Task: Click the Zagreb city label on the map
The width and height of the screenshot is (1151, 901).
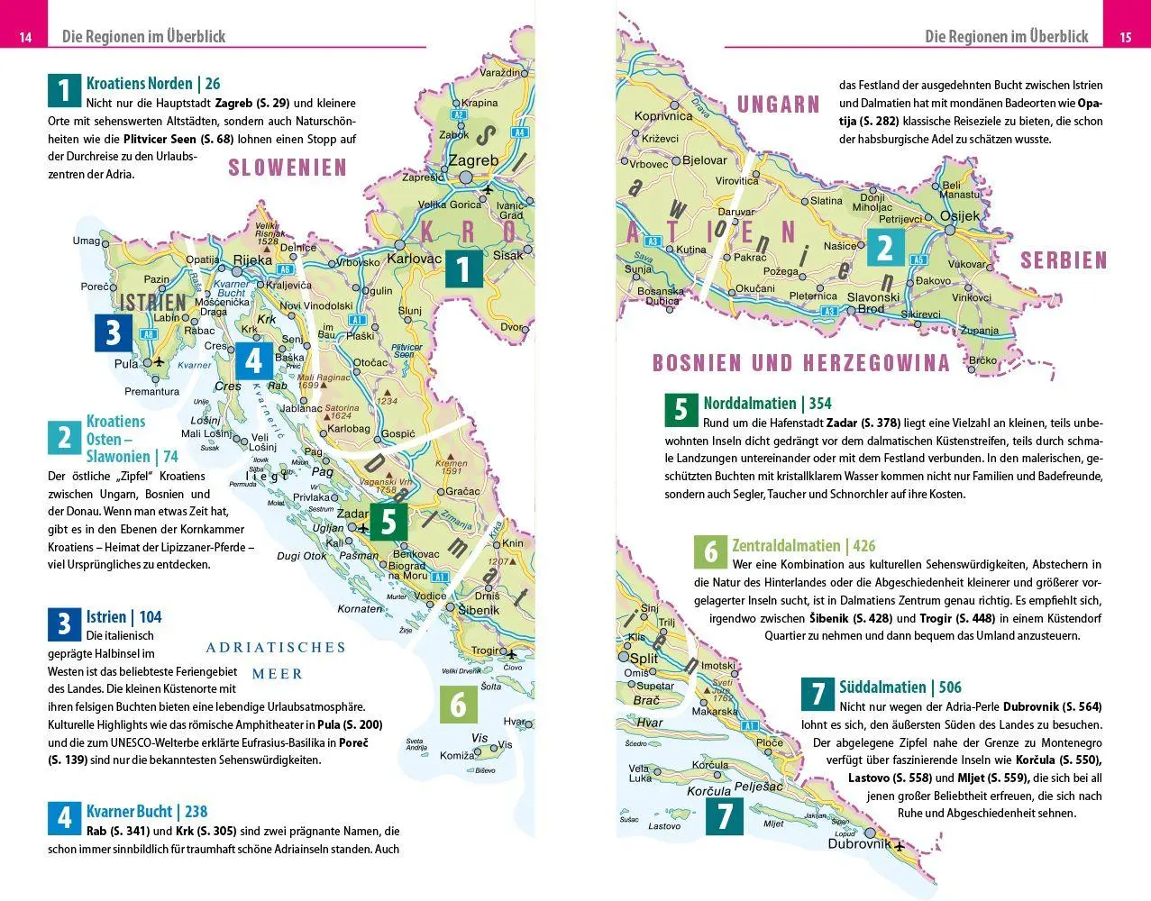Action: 473,160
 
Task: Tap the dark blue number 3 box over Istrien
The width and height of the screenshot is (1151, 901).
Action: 114,332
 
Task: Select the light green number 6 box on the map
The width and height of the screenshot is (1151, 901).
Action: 458,704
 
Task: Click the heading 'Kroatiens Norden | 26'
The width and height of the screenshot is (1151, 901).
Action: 153,84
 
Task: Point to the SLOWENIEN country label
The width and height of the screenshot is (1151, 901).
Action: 288,168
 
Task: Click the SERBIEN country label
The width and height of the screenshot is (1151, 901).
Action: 1064,261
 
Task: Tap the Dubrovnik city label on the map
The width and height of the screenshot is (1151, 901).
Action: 859,844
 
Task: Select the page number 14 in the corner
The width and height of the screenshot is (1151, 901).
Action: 25,37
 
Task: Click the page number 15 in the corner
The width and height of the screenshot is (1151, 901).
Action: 1125,37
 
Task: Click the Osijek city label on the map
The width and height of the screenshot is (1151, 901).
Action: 959,216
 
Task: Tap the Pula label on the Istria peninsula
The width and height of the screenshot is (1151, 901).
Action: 126,363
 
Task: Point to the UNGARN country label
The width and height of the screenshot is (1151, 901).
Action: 778,105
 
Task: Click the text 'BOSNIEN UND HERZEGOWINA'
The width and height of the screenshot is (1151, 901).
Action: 800,363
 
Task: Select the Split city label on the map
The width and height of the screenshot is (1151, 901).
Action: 644,658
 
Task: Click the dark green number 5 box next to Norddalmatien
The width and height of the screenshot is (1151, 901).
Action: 681,409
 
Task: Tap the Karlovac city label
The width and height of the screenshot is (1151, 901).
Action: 414,259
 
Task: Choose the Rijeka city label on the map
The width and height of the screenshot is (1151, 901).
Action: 252,259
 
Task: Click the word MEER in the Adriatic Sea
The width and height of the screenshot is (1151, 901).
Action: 277,674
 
